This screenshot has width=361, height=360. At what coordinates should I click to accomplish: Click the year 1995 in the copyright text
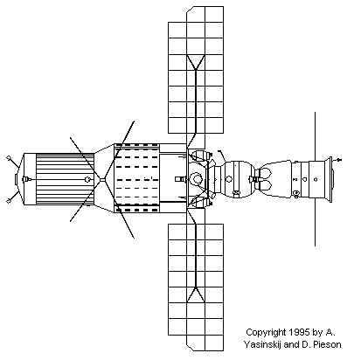click(299, 332)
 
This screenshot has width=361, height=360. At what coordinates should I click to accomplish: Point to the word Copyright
click(267, 332)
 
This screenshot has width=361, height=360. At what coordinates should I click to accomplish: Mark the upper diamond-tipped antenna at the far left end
click(13, 162)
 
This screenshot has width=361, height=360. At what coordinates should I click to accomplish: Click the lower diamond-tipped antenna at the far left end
click(13, 195)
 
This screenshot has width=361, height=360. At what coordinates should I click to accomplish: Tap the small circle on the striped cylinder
click(87, 179)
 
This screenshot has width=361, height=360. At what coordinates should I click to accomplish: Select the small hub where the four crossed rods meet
click(102, 179)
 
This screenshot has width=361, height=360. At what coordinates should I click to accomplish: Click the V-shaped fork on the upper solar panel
click(196, 63)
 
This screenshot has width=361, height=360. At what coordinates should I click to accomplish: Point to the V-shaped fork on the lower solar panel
click(196, 294)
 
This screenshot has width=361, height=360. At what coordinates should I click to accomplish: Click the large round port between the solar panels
click(197, 178)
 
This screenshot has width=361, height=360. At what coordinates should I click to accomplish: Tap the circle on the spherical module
click(229, 179)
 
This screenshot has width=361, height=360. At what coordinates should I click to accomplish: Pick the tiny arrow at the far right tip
click(338, 160)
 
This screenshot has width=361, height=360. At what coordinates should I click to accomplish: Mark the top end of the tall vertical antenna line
click(315, 112)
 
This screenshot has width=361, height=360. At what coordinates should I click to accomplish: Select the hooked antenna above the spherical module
click(222, 156)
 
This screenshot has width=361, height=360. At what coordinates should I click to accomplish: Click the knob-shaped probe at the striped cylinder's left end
click(25, 179)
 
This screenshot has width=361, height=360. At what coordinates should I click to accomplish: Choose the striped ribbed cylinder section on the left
click(66, 179)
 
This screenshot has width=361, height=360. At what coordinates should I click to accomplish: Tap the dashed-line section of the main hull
click(136, 178)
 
